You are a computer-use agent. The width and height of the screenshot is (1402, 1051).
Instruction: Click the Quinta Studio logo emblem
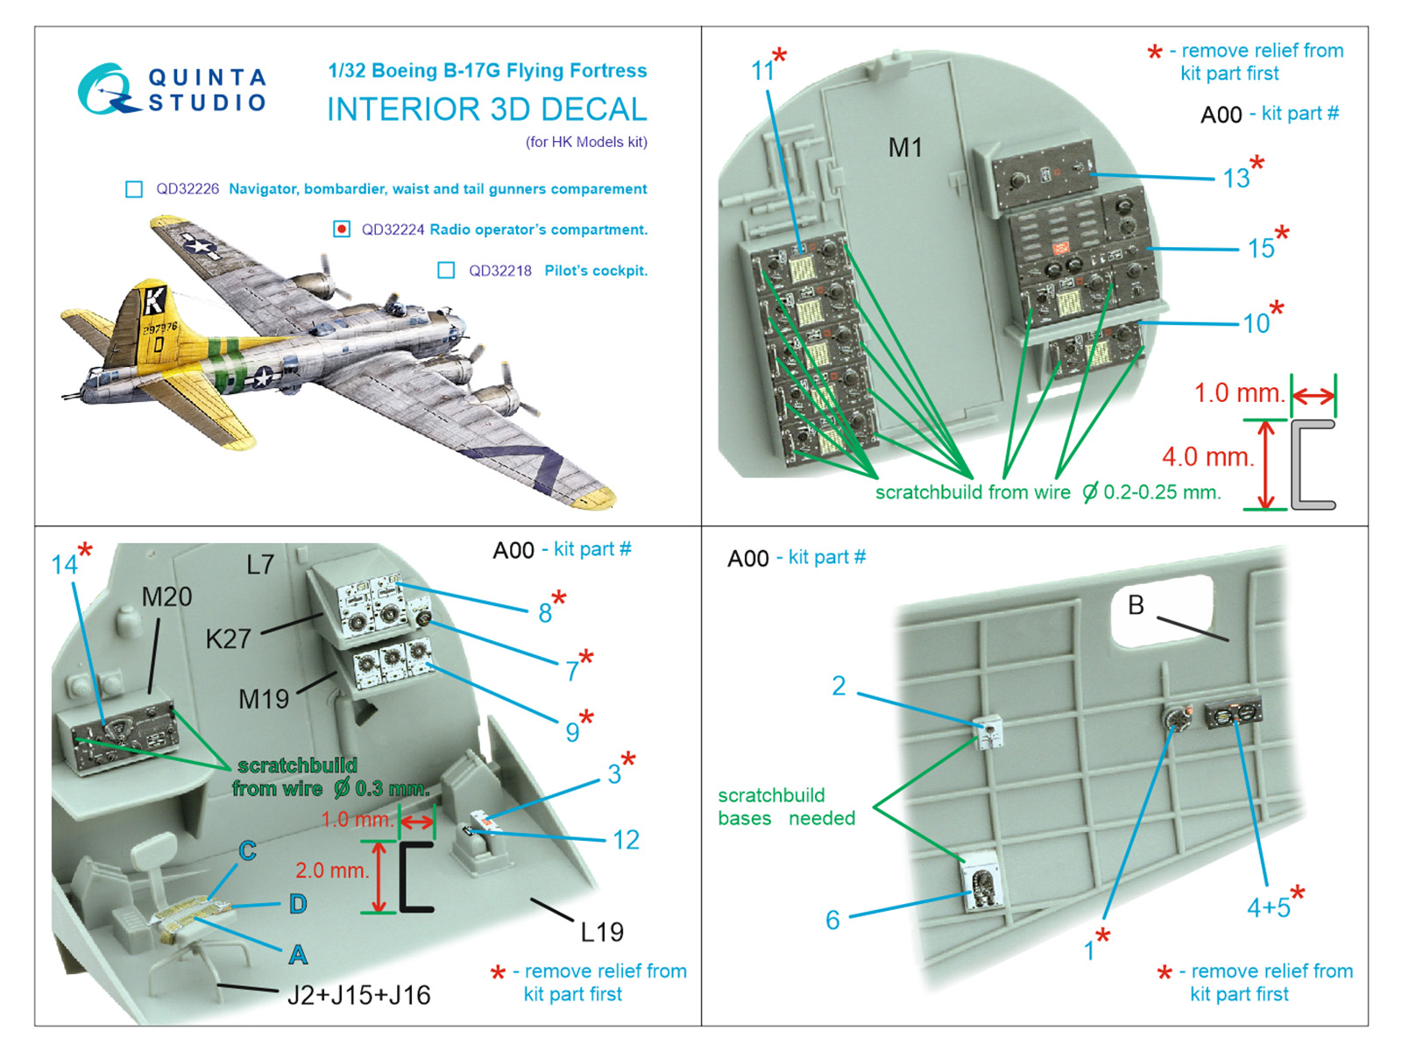click(107, 88)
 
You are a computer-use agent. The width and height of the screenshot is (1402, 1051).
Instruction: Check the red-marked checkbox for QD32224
click(342, 229)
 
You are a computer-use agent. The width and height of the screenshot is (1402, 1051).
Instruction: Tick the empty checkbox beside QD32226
click(134, 189)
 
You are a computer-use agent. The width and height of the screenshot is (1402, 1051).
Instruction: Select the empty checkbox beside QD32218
click(446, 271)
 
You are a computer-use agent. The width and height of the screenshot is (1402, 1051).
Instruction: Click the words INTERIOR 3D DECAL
click(486, 110)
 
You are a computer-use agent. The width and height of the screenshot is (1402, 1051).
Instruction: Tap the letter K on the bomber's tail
click(153, 300)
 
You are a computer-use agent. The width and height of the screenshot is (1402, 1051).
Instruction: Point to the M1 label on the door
click(905, 148)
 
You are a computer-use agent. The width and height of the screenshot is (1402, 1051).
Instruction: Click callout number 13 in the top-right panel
click(1236, 179)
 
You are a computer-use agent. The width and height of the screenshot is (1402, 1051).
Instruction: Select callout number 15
click(1261, 249)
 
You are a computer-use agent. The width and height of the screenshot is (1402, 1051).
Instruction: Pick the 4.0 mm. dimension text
click(1207, 457)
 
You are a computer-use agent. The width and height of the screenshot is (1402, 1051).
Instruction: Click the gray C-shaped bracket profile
click(1311, 465)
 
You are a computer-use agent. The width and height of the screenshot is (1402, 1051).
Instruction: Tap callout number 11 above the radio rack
click(763, 71)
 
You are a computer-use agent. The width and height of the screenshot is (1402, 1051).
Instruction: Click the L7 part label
click(260, 565)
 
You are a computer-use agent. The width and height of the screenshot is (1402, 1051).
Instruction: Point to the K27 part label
click(228, 639)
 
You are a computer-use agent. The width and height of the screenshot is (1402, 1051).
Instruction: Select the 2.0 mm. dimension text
click(331, 871)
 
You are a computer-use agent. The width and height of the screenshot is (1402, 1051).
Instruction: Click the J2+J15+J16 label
click(358, 996)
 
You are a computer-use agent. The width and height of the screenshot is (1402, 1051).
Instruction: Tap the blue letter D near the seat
click(298, 905)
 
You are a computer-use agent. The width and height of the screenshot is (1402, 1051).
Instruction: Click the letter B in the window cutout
click(1136, 605)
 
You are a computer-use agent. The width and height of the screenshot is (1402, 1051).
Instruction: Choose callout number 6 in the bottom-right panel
click(832, 920)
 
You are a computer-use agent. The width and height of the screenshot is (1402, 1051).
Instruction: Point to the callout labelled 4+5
click(1268, 908)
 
